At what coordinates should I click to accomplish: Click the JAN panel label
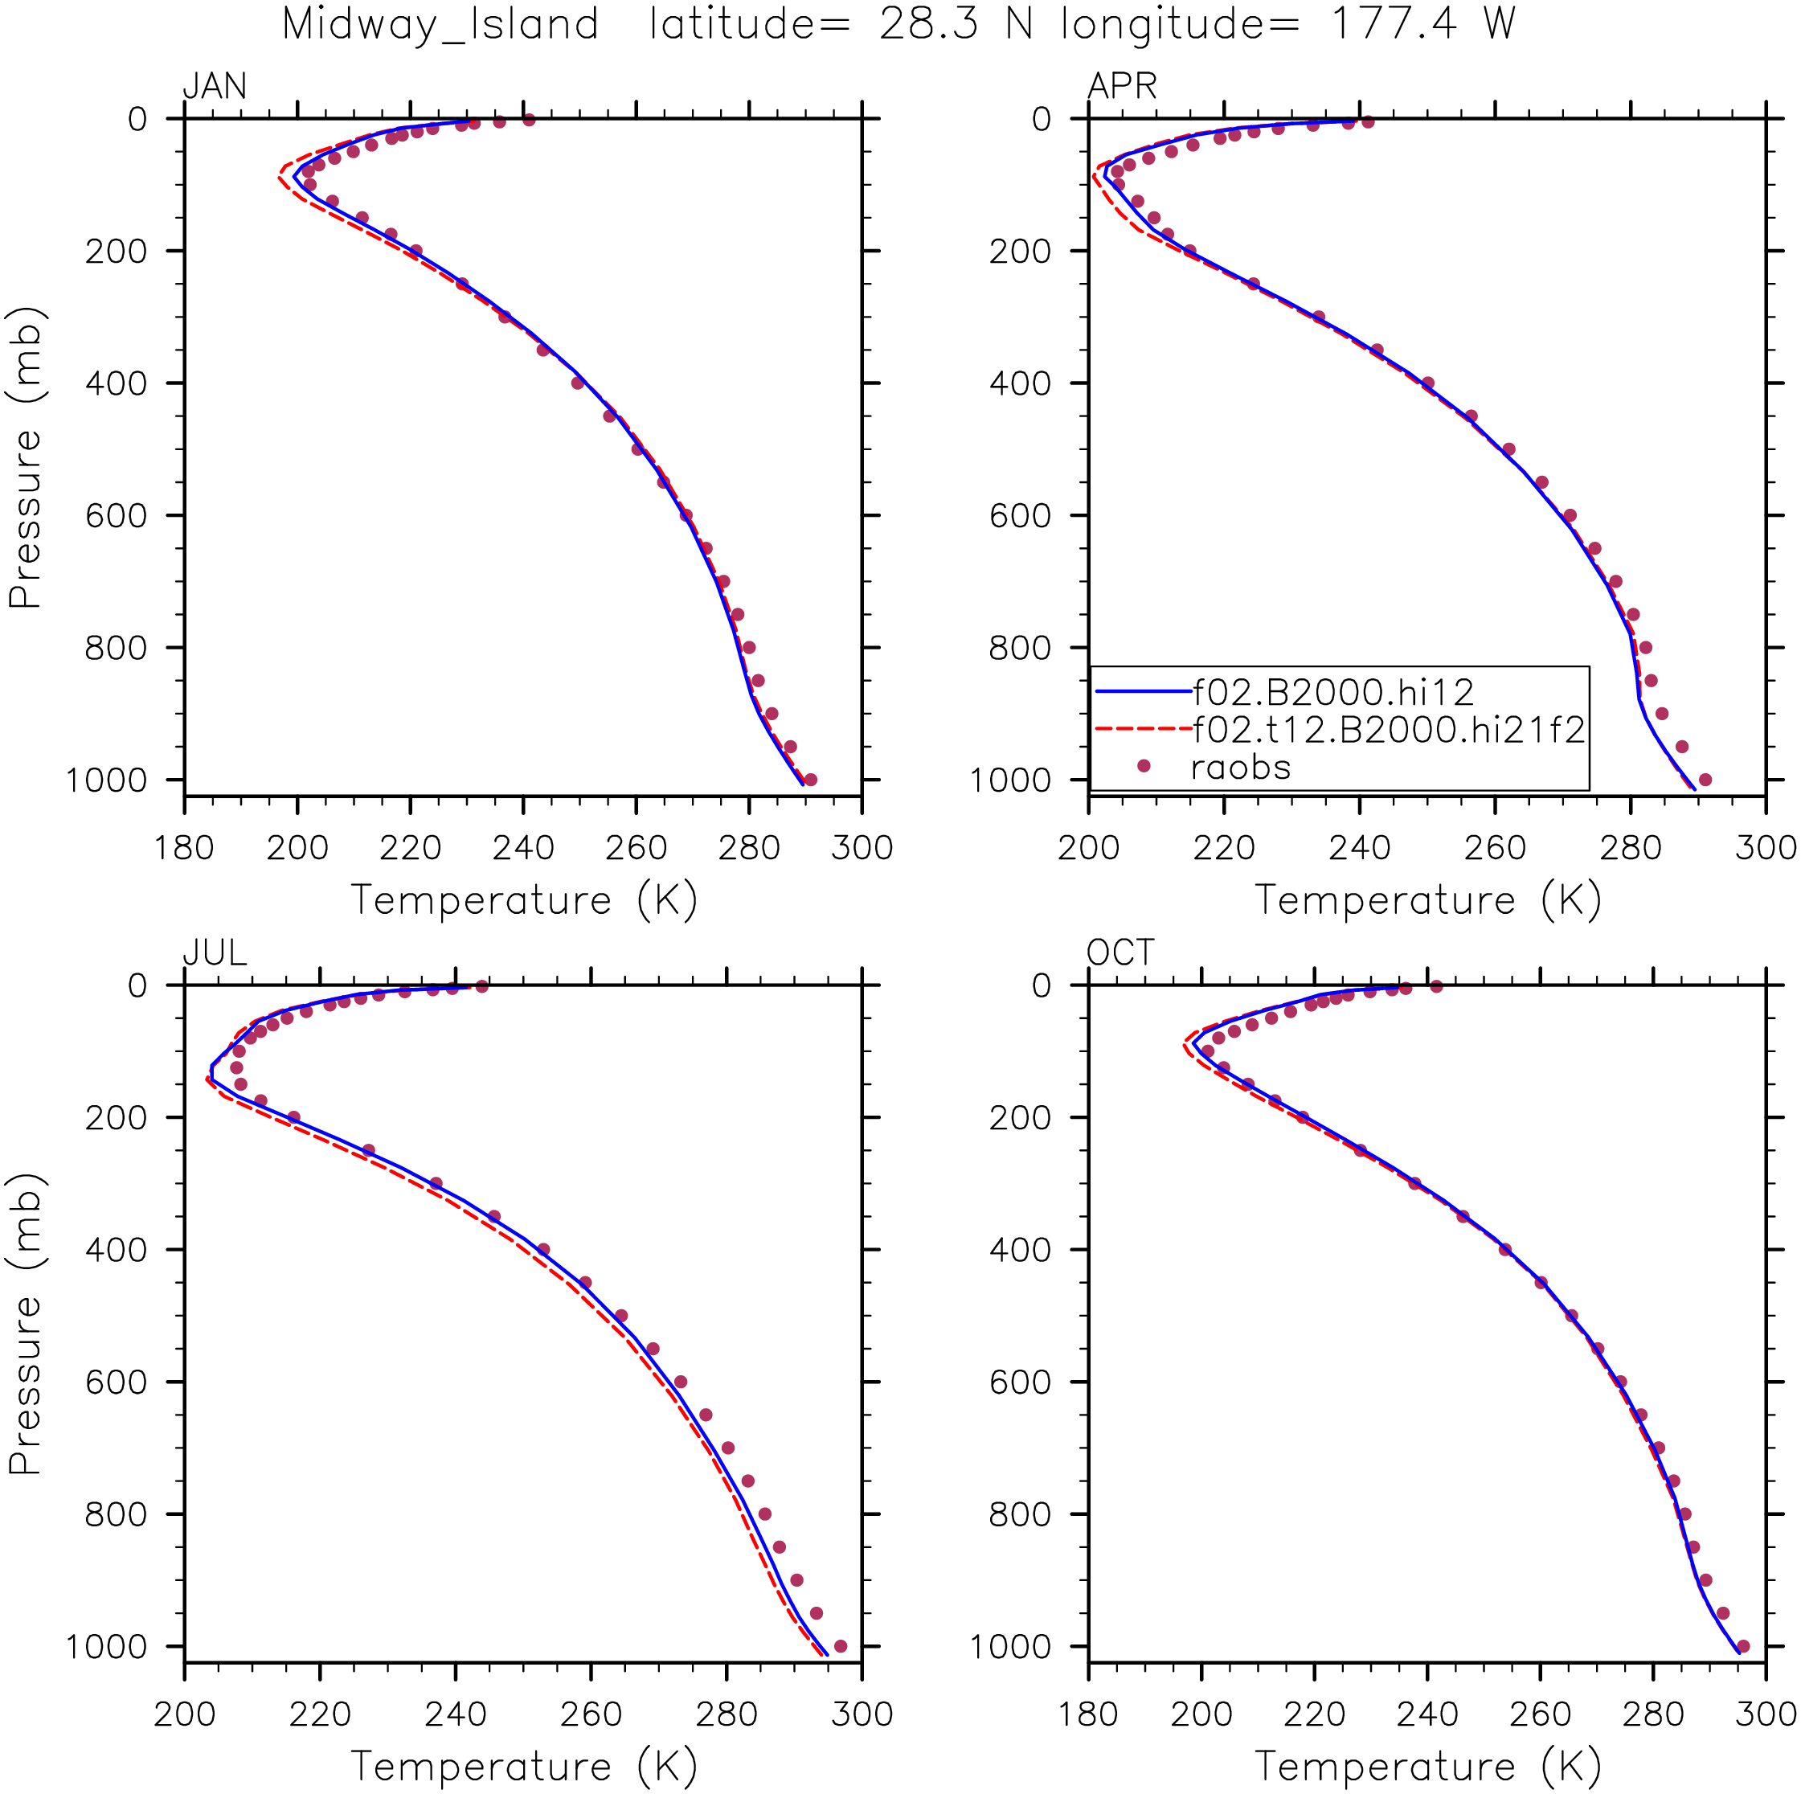(215, 87)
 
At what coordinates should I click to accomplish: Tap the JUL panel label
(215, 953)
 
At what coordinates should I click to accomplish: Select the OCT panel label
(1120, 953)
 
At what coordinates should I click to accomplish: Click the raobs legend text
(1241, 768)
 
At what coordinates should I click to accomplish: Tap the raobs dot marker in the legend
(1144, 765)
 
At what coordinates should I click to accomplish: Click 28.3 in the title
(928, 23)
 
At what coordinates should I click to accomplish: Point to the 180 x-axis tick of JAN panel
(185, 848)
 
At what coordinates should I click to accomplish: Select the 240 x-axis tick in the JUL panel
(455, 1714)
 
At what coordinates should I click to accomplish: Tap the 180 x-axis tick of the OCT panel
(1089, 1714)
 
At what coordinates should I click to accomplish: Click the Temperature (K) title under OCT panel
(1427, 1766)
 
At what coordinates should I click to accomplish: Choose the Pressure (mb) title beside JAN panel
(25, 457)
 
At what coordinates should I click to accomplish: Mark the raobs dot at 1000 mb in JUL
(840, 1646)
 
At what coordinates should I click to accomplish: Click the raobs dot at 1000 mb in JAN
(810, 780)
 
